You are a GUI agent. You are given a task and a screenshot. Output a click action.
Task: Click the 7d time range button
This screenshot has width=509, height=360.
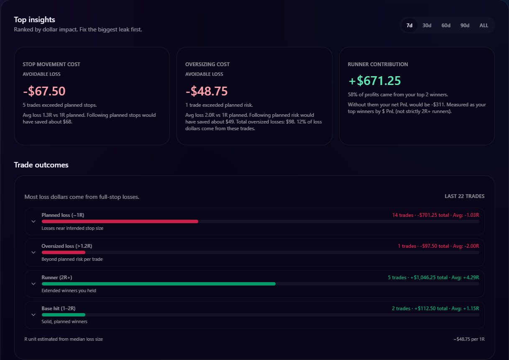click(409, 26)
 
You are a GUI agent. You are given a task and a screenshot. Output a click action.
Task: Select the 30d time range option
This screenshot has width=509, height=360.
click(427, 26)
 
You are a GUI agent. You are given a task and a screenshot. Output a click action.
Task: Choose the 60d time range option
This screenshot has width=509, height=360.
click(446, 26)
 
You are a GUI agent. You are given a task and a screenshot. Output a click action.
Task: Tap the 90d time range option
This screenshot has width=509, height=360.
click(465, 26)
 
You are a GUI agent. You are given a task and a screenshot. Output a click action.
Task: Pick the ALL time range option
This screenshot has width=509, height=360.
click(484, 26)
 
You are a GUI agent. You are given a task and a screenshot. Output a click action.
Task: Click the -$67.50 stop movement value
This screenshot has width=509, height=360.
click(44, 91)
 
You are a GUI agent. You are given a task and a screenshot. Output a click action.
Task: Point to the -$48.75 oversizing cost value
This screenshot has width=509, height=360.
click(207, 91)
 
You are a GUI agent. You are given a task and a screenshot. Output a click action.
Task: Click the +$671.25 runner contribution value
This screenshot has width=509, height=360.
click(374, 80)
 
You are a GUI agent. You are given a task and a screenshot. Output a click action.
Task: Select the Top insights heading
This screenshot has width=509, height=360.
click(34, 20)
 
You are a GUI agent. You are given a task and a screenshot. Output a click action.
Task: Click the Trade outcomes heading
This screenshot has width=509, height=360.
click(41, 165)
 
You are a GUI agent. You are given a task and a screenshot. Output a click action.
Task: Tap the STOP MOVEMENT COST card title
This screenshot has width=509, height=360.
click(51, 64)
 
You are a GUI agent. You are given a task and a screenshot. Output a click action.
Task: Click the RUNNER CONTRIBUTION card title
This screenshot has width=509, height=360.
click(378, 64)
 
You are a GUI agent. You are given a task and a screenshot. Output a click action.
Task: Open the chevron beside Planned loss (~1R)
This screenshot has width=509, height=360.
click(33, 221)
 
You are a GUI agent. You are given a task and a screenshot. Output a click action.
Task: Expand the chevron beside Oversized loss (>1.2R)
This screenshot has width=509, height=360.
click(33, 252)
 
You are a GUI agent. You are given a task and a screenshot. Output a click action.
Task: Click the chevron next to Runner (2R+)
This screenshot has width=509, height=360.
click(33, 283)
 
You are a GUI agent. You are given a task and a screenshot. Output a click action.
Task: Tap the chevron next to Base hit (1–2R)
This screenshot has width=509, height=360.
click(33, 315)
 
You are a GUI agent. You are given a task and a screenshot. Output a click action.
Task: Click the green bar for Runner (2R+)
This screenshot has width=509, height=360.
click(159, 284)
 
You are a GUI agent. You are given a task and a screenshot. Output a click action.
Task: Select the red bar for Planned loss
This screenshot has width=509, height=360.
click(120, 221)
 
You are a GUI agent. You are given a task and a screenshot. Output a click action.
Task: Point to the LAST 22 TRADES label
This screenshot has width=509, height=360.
click(464, 196)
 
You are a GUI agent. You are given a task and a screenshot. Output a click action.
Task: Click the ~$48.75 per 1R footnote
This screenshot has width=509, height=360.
click(468, 339)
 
